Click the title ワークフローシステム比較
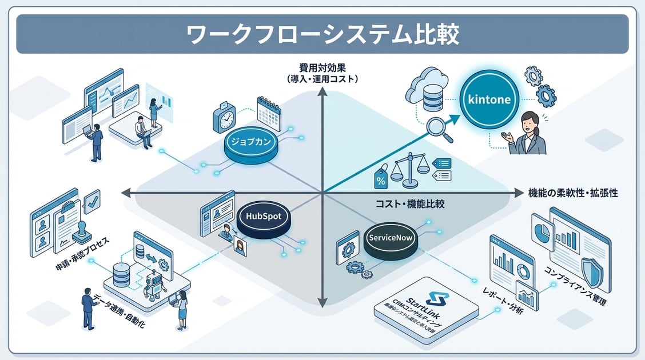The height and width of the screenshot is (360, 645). (322, 34)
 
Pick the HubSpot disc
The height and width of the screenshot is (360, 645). (261, 218)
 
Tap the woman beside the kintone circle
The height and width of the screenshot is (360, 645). (527, 134)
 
